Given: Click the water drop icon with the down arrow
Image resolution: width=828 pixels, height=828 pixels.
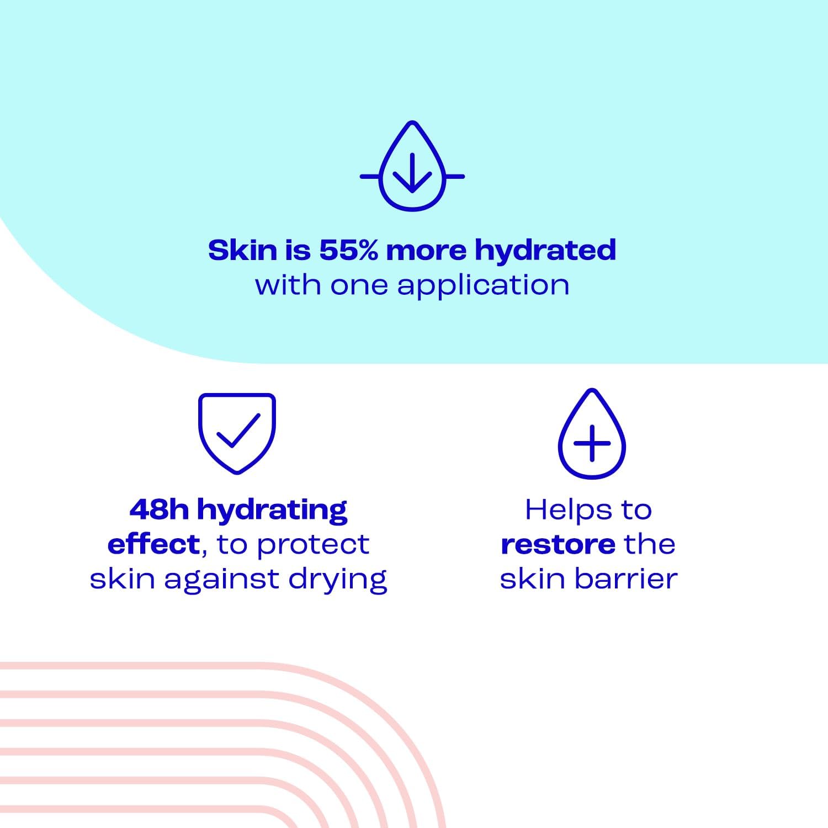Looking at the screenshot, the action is click(x=412, y=166).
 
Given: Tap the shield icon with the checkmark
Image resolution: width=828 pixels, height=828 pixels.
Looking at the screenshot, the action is click(x=237, y=433).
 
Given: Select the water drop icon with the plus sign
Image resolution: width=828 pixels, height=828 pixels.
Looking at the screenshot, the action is click(x=592, y=434).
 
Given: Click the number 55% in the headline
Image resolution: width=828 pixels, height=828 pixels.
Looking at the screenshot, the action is click(x=348, y=250).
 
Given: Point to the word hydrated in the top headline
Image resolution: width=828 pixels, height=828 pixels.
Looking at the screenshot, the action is click(x=545, y=250).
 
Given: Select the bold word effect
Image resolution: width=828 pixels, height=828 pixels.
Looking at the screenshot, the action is click(x=153, y=544).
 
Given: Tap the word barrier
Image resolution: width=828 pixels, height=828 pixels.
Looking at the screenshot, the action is click(x=626, y=579).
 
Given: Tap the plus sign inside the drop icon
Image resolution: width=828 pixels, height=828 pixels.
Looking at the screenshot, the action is click(x=592, y=443).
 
